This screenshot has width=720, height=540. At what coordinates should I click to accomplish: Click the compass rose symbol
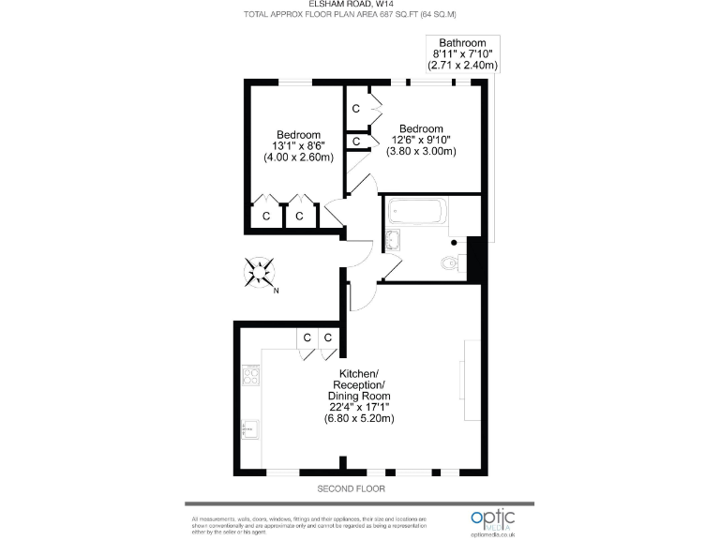[260, 272]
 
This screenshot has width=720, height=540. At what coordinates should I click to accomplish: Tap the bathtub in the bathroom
[417, 214]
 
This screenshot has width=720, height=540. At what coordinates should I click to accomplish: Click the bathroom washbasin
[392, 241]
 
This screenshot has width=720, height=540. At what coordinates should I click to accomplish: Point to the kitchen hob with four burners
[251, 377]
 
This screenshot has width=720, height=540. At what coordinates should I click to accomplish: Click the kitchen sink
[250, 429]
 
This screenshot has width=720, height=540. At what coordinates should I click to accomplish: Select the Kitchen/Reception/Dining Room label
[365, 397]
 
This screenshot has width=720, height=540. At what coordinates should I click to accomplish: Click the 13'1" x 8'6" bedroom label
[298, 146]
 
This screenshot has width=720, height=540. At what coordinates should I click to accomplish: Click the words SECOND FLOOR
[351, 489]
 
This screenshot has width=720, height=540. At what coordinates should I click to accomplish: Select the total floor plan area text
[351, 15]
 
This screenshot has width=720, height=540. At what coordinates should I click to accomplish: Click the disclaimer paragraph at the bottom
[309, 525]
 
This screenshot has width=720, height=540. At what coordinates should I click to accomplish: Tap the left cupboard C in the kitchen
[306, 337]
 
